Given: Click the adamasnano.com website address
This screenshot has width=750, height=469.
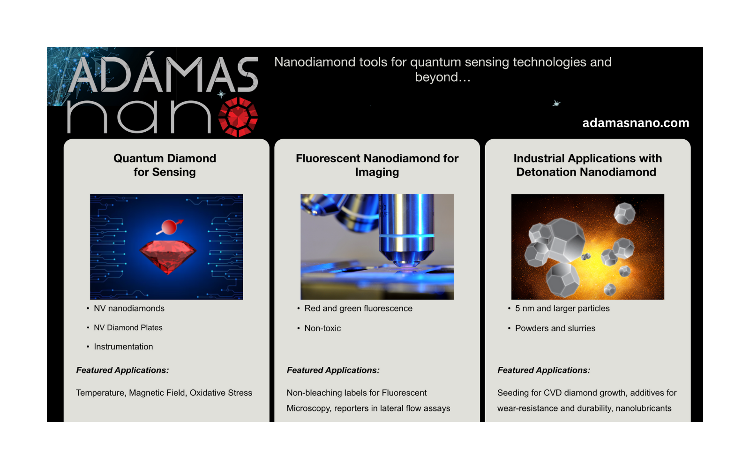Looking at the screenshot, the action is (636, 123).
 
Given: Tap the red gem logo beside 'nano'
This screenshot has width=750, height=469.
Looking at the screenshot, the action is (238, 117).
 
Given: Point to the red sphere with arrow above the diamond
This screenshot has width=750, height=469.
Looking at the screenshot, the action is (170, 227).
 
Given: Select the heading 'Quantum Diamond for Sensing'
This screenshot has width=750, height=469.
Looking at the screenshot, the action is (165, 165).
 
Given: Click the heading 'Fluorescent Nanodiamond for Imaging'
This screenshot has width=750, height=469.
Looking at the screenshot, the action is (377, 165).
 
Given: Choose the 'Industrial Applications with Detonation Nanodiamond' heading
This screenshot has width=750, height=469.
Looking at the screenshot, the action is (588, 165).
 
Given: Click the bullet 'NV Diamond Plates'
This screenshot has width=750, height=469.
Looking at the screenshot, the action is (128, 328).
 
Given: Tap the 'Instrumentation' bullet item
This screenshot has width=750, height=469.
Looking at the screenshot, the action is (124, 347).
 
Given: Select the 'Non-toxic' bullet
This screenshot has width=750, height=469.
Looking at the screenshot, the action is (323, 328).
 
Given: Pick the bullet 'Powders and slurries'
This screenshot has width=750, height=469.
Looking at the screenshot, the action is (555, 328).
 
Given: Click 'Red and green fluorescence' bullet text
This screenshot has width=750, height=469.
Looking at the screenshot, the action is (358, 309).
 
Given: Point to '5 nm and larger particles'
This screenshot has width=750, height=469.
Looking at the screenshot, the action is (562, 309).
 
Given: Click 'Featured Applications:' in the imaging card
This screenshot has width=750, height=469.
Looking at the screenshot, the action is (333, 370).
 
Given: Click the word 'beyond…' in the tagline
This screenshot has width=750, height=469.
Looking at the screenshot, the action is (442, 77).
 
